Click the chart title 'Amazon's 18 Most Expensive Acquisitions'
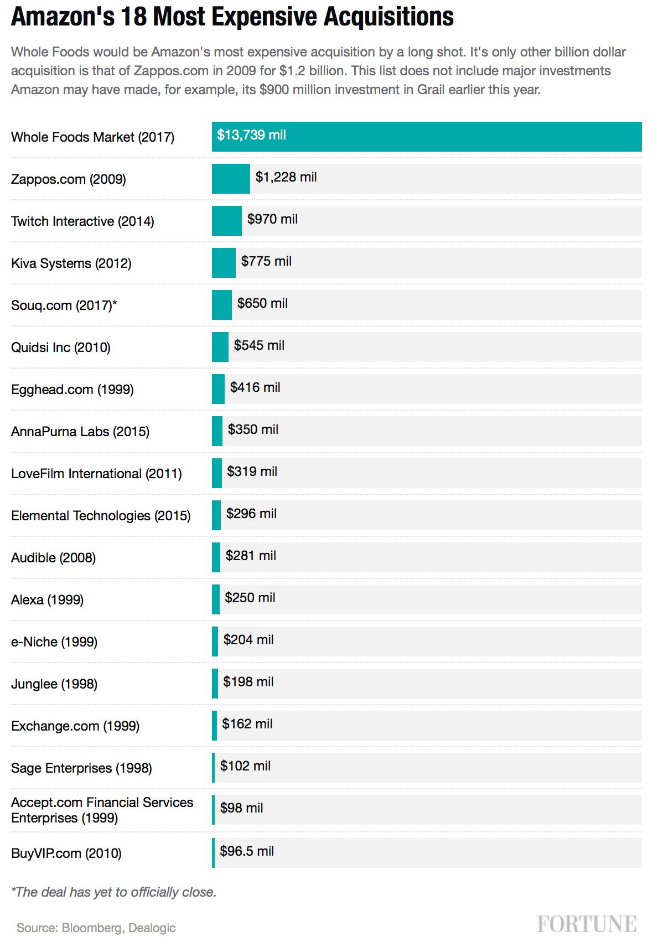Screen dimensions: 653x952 coord(232,17)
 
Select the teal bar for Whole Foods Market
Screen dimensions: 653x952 coord(427,137)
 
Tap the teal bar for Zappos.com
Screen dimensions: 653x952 coord(231,179)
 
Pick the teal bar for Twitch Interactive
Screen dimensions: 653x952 coord(227,221)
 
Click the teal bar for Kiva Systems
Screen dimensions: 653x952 coord(224,263)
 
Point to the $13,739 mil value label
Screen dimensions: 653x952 coord(252,135)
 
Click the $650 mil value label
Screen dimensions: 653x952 coord(262,303)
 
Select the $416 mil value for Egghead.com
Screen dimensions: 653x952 coord(255,387)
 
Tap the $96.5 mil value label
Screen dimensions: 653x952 coord(247,851)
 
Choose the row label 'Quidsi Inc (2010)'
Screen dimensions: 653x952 coord(61,348)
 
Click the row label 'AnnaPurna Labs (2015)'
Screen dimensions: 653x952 coord(80,432)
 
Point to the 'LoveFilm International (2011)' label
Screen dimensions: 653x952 coord(96,474)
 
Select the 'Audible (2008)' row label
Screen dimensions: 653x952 coord(53,558)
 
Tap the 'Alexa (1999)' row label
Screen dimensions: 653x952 coord(47,600)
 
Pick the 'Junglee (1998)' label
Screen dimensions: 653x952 coord(54,684)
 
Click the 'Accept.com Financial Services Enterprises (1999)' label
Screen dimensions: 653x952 coord(102,810)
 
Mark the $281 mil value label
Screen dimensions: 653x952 coord(251,556)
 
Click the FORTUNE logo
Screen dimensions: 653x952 coord(587,924)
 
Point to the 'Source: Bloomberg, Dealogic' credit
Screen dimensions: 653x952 coord(96,928)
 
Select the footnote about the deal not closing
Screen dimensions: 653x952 coord(113,892)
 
